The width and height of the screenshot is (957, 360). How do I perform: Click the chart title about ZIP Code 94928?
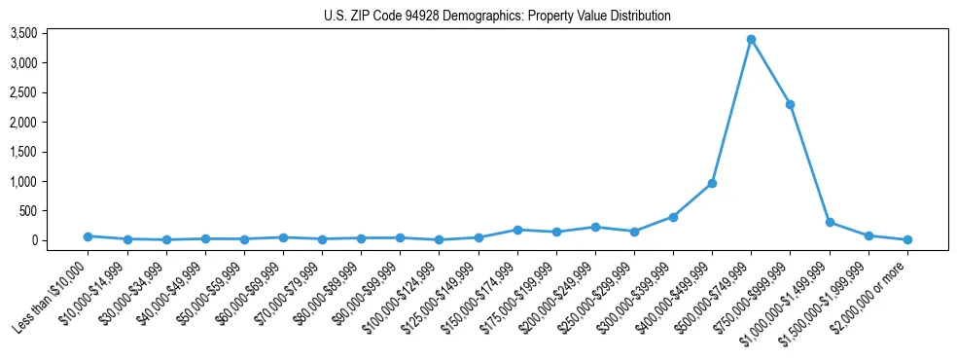click(x=497, y=17)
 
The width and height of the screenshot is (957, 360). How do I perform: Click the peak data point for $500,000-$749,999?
click(x=751, y=40)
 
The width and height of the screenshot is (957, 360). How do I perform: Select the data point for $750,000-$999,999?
click(x=791, y=104)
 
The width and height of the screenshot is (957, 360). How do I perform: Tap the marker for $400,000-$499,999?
click(x=712, y=183)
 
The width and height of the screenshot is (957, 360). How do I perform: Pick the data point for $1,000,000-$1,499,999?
click(x=830, y=222)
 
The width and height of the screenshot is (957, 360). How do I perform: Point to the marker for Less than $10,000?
click(x=88, y=236)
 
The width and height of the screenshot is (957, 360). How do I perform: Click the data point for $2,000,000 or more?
click(x=907, y=239)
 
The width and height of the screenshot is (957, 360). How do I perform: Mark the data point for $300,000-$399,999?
click(x=673, y=217)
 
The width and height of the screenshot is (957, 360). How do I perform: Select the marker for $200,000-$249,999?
click(x=595, y=227)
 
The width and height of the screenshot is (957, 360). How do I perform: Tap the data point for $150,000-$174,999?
click(x=517, y=230)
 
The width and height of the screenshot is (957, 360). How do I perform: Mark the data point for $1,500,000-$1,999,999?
click(x=868, y=235)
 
